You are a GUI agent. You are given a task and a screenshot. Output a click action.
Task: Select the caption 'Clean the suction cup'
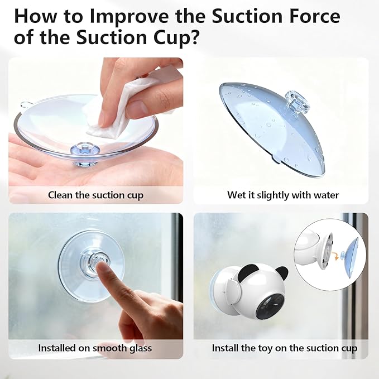click(x=95, y=195)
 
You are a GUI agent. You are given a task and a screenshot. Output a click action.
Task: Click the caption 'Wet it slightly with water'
click(x=283, y=195)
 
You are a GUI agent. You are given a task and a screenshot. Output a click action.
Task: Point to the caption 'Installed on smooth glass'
click(x=95, y=348)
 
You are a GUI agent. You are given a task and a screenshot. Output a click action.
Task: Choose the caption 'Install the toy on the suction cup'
click(x=285, y=348)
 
